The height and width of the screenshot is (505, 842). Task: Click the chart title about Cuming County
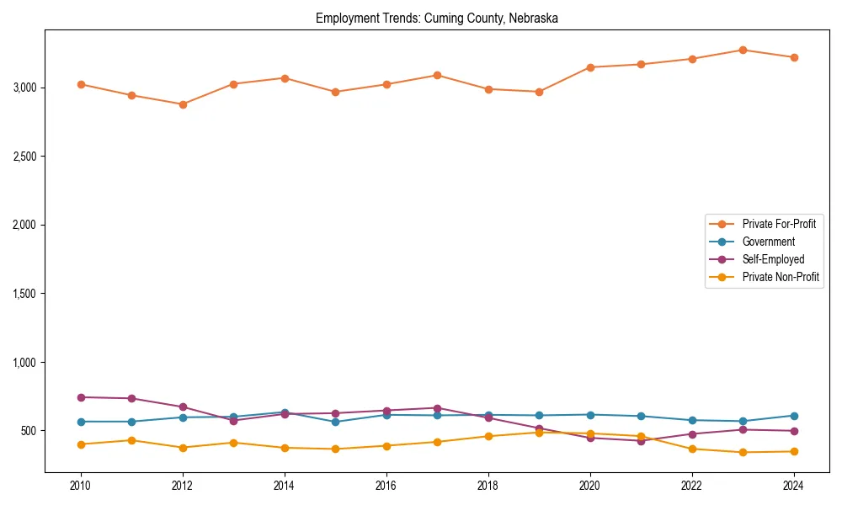point(437,18)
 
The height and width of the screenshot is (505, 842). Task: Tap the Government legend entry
point(768,242)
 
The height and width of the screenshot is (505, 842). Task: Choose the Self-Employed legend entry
point(773,259)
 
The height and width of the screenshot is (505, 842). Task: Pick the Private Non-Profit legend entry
point(781,277)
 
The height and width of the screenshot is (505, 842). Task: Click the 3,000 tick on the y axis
point(24,88)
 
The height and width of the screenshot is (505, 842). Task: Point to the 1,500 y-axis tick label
point(24,294)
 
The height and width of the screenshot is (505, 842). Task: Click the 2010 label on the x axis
point(81,486)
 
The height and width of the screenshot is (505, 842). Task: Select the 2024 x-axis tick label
point(793,486)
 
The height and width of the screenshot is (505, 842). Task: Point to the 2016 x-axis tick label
point(386,486)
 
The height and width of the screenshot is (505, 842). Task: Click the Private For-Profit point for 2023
point(743,50)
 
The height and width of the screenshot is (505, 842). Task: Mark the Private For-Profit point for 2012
point(183,104)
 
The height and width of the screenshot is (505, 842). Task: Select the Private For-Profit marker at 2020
point(590,67)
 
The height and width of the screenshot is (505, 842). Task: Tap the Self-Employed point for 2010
point(81,397)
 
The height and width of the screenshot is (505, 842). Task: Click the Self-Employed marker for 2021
point(641,441)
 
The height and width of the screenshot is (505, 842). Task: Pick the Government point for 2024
point(793,416)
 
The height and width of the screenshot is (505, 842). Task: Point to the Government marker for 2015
point(335,422)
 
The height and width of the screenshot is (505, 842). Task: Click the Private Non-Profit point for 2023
point(743,452)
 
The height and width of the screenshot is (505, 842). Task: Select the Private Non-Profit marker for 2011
point(132,440)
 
